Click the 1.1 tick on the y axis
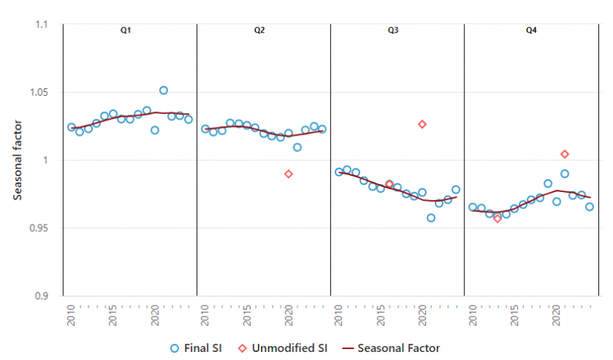coord(41,24)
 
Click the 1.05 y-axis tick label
coord(38,93)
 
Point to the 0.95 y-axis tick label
coord(38,228)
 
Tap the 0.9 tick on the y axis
coord(41,296)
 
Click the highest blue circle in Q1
coord(164,91)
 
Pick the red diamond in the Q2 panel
coord(289,174)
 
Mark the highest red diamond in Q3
coord(422,124)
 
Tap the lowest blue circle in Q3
coord(431,218)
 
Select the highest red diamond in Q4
coord(565,154)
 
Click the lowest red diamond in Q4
coord(497,219)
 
